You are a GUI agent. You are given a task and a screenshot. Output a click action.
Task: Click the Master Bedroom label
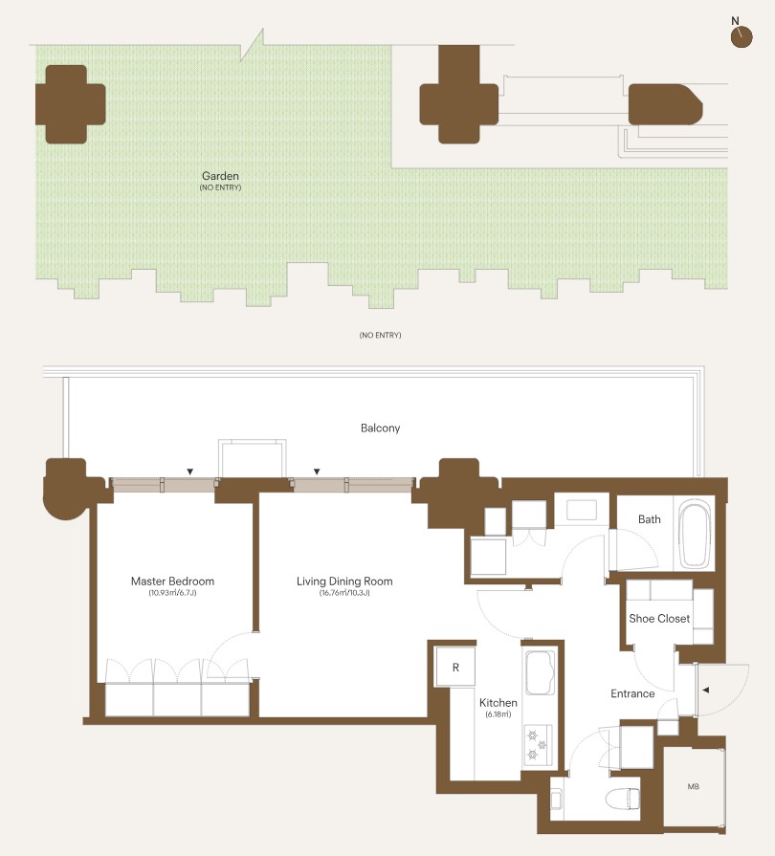(x=172, y=582)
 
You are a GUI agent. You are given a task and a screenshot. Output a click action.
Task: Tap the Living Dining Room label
(x=344, y=582)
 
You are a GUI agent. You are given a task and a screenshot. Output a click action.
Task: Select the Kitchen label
(x=498, y=703)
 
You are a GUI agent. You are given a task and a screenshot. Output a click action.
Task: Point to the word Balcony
(x=380, y=428)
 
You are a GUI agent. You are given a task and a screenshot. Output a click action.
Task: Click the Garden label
(x=220, y=176)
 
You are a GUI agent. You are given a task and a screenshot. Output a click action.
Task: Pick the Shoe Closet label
(x=659, y=619)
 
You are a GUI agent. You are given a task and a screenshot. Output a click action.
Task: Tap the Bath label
(x=650, y=519)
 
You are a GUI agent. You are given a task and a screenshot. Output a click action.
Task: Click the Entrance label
(x=632, y=693)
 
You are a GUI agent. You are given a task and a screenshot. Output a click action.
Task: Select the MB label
(x=693, y=787)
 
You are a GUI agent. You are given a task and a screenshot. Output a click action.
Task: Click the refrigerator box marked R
(x=455, y=667)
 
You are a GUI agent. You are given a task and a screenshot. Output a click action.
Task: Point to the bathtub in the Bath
(x=694, y=534)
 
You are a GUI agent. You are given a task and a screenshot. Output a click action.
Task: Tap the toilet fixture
(x=623, y=800)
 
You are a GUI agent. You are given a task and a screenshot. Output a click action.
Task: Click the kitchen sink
(x=540, y=672)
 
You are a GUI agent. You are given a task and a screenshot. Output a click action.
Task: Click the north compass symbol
(x=742, y=35)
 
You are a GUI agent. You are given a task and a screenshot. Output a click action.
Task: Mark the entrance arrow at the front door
(x=706, y=690)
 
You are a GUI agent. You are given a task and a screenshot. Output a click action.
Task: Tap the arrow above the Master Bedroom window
(x=190, y=472)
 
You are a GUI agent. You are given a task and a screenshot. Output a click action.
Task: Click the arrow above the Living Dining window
(x=317, y=472)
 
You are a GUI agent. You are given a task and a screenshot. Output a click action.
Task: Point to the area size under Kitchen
(x=498, y=714)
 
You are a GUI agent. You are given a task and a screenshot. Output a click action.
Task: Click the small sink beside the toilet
(x=557, y=801)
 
